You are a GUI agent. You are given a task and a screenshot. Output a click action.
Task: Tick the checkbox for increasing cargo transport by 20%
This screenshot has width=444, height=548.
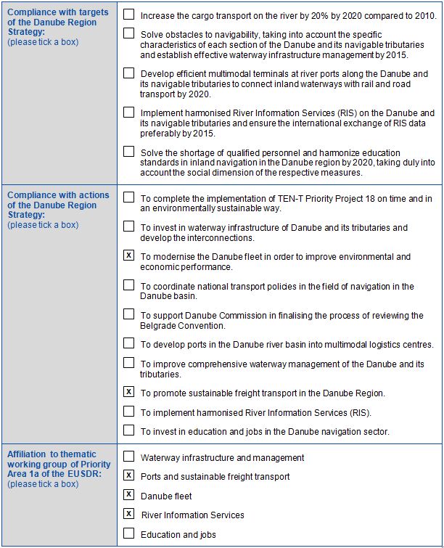(x=128, y=14)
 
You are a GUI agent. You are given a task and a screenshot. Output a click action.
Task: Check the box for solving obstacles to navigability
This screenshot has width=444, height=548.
(x=128, y=33)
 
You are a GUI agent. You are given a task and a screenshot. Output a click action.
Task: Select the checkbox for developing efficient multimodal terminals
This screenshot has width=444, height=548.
(x=128, y=73)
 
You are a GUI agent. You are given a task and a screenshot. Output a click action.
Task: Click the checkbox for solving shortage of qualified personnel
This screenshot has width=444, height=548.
(x=128, y=152)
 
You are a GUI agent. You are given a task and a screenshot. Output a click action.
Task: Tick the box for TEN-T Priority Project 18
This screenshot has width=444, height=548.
(x=128, y=197)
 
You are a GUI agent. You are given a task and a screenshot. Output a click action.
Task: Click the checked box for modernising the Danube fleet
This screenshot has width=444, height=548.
(x=128, y=255)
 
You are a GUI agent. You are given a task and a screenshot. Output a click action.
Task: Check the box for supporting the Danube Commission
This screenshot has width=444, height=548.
(x=128, y=314)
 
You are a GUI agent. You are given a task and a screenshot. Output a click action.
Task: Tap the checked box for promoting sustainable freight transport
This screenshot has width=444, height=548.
(x=128, y=393)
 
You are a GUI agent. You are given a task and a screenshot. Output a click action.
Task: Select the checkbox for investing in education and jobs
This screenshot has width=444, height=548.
(x=128, y=430)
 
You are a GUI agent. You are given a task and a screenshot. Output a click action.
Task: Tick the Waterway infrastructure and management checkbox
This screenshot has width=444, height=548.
(x=128, y=457)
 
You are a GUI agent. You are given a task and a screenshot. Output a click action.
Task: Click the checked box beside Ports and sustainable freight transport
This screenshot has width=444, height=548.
(x=128, y=476)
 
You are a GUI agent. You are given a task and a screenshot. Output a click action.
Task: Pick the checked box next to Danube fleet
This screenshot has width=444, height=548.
(x=128, y=495)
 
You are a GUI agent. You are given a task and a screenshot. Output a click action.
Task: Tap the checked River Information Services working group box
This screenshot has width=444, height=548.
(x=128, y=515)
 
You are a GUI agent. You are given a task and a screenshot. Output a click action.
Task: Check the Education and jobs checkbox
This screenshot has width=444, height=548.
(x=128, y=534)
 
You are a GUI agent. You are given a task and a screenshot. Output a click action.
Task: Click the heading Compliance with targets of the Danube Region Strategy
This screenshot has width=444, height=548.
(x=57, y=23)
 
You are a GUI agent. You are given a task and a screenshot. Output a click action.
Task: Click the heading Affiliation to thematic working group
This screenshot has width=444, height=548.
(x=58, y=465)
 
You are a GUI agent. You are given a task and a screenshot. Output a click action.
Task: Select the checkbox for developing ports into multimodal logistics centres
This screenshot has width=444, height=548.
(x=128, y=343)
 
